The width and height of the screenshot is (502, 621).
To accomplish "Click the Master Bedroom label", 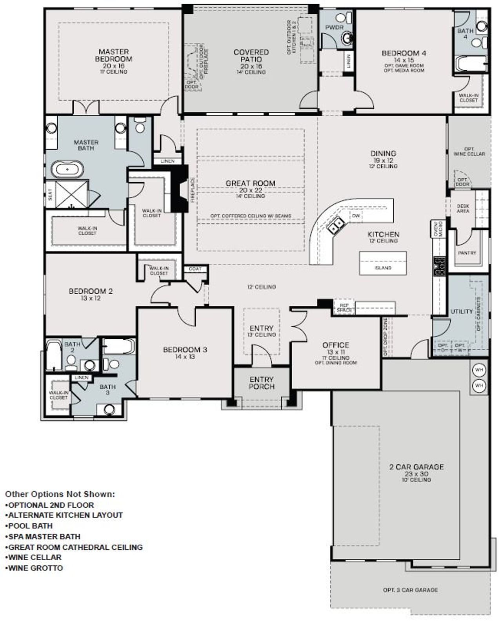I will pyautogui.click(x=113, y=55).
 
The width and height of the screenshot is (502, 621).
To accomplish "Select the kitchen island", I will pyautogui.click(x=383, y=263).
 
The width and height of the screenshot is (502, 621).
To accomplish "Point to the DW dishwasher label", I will pyautogui.click(x=356, y=216).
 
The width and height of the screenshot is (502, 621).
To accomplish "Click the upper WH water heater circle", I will pyautogui.click(x=479, y=370).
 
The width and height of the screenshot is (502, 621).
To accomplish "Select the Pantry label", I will pyautogui.click(x=467, y=253).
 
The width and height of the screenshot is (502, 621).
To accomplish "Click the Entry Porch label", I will pyautogui.click(x=262, y=383).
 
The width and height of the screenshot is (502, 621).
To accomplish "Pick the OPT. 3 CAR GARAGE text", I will pyautogui.click(x=410, y=590).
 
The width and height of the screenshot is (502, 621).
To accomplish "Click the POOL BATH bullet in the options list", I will pyautogui.click(x=30, y=526).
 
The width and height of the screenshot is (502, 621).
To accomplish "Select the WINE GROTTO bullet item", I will pyautogui.click(x=35, y=568).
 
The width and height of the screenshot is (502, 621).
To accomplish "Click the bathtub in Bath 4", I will pyautogui.click(x=471, y=63).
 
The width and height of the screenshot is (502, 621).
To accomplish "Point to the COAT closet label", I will pyautogui.click(x=195, y=269).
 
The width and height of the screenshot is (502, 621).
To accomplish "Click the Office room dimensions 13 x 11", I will pyautogui.click(x=336, y=352).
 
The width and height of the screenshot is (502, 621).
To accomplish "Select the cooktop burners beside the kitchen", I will pyautogui.click(x=439, y=266).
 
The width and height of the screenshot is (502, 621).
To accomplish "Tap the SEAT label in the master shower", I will pyautogui.click(x=50, y=195).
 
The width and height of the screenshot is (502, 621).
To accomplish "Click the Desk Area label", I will pyautogui.click(x=463, y=208).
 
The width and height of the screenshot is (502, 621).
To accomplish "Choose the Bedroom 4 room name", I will pyautogui.click(x=404, y=53).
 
